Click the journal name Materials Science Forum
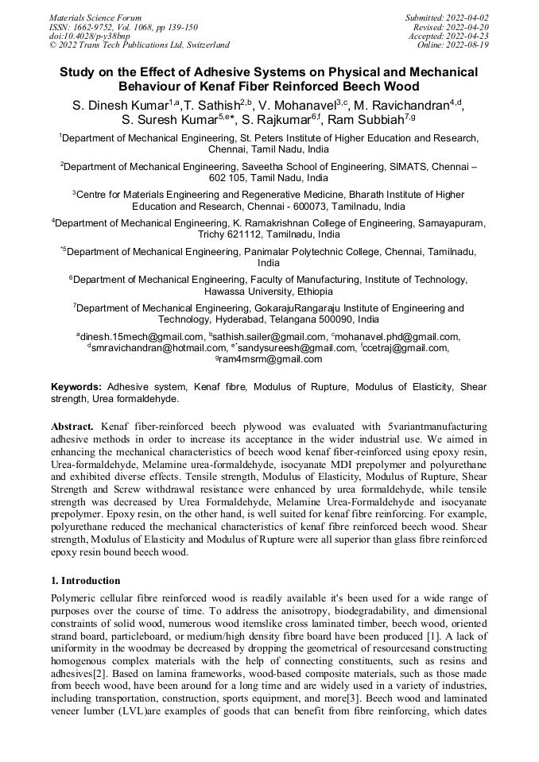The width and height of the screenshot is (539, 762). (x=95, y=17)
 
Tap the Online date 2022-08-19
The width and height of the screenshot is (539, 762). (x=471, y=45)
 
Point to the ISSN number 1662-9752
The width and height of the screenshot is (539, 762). (x=96, y=26)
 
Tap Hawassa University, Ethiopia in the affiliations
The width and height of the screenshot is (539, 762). (x=269, y=292)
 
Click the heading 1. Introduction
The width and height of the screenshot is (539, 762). (x=85, y=581)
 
